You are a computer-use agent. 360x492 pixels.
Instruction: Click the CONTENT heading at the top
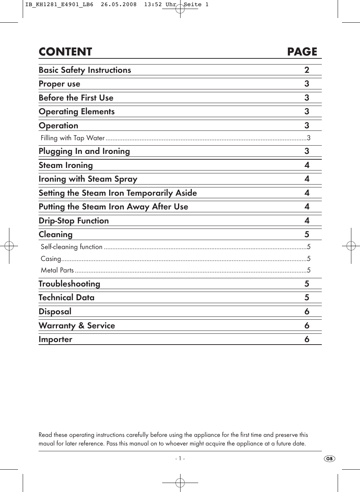(65, 52)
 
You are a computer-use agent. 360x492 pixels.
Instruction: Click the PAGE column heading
(302, 52)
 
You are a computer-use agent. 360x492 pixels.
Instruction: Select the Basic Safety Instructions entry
(85, 70)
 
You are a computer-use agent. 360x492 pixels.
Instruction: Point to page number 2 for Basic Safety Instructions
(307, 70)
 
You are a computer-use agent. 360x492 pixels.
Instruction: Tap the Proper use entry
(59, 84)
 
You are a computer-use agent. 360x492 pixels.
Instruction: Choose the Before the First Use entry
(76, 98)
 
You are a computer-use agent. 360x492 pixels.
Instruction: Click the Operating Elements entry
(77, 112)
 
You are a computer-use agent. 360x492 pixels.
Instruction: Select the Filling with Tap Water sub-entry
(73, 138)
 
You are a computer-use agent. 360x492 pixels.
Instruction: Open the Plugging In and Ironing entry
(84, 151)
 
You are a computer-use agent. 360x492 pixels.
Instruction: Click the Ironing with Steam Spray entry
(88, 179)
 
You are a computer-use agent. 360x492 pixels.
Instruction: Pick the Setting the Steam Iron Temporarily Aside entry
(118, 193)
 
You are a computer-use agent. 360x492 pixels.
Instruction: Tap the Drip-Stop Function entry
(74, 221)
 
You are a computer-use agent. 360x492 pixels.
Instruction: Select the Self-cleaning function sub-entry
(72, 247)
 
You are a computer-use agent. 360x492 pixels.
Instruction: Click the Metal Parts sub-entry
(57, 270)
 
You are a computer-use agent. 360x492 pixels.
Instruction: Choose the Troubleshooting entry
(70, 284)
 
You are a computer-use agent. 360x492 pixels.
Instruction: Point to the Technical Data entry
(67, 298)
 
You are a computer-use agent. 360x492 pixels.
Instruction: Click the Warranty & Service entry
(77, 325)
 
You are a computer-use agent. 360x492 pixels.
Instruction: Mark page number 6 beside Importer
(307, 340)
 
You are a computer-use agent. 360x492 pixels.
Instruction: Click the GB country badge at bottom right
(329, 459)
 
